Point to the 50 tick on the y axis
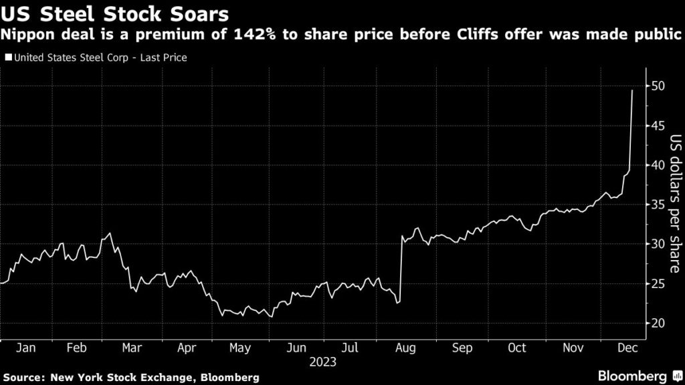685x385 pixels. click(658, 86)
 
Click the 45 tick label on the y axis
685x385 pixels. click(658, 126)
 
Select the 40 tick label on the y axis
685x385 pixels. click(658, 165)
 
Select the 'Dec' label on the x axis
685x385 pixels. click(626, 348)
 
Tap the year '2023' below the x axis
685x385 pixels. click(322, 362)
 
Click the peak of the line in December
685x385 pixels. click(632, 90)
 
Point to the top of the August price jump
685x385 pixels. click(401, 236)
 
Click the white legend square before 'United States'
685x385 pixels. click(7, 58)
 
